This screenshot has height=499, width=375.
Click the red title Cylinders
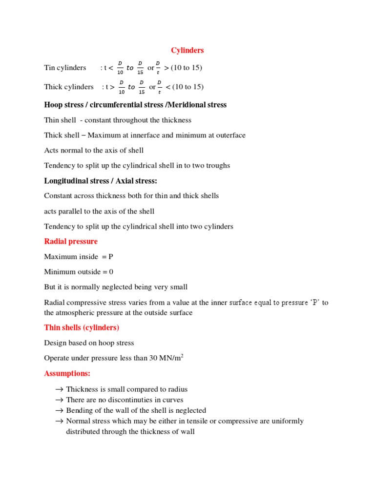pos(187,51)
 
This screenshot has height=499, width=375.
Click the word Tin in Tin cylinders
pos(49,68)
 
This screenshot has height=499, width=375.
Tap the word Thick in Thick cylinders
pos(53,87)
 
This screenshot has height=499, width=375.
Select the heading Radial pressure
pos(71,242)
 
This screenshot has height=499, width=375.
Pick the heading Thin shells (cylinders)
pos(82,327)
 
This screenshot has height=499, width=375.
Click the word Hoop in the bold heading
pos(53,105)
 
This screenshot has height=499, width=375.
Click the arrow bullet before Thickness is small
pos(60,389)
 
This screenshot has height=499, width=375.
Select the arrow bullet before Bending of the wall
pos(60,410)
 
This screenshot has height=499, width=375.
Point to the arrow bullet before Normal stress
pos(60,421)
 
